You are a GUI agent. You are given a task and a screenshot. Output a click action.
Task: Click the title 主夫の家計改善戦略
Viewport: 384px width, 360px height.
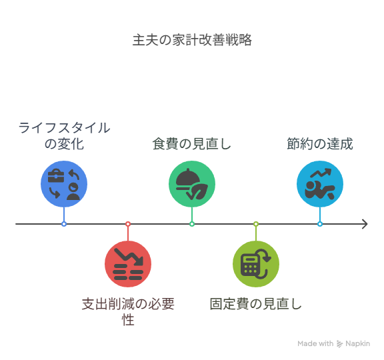(192, 40)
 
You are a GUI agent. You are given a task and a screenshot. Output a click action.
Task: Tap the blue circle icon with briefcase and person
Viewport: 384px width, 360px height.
(64, 184)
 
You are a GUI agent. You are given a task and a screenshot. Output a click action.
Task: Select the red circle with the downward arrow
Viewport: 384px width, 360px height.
(128, 264)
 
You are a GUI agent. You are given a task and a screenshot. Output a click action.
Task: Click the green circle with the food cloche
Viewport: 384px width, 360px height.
(192, 184)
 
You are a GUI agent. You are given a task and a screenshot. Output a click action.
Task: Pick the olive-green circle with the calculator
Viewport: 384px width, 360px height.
(256, 264)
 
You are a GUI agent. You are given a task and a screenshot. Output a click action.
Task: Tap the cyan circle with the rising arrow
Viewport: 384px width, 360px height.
(320, 184)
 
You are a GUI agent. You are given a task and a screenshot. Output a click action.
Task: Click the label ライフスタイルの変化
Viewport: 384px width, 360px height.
(64, 136)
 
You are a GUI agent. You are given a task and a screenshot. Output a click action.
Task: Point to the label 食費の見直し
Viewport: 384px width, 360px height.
(192, 144)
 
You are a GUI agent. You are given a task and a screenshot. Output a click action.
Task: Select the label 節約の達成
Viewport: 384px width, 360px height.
(320, 144)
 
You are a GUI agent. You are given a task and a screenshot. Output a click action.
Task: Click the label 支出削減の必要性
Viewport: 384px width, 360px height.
(128, 312)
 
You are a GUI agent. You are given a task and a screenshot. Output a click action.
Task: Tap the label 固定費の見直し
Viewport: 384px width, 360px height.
(256, 304)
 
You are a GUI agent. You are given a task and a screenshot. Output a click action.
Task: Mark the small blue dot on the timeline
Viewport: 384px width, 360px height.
(64, 224)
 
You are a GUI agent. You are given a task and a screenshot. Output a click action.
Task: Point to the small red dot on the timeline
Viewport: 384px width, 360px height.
(128, 224)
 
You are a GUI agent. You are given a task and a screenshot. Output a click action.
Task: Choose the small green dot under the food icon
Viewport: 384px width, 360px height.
(192, 224)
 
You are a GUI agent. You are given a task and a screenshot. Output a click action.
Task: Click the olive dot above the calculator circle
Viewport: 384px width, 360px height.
(256, 224)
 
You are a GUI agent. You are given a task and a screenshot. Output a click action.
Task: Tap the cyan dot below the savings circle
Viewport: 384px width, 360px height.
(320, 224)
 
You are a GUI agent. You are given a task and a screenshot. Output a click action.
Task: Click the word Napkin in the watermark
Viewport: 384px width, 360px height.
(357, 343)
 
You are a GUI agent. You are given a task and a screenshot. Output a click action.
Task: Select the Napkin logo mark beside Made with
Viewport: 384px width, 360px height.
(339, 344)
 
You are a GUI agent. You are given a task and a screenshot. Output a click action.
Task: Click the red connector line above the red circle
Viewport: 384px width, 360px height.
(128, 233)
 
